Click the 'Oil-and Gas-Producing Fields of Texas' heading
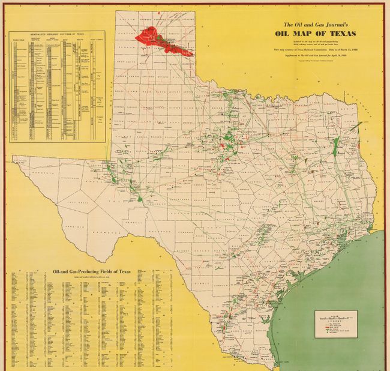[92, 271]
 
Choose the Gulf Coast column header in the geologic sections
[94, 41]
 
